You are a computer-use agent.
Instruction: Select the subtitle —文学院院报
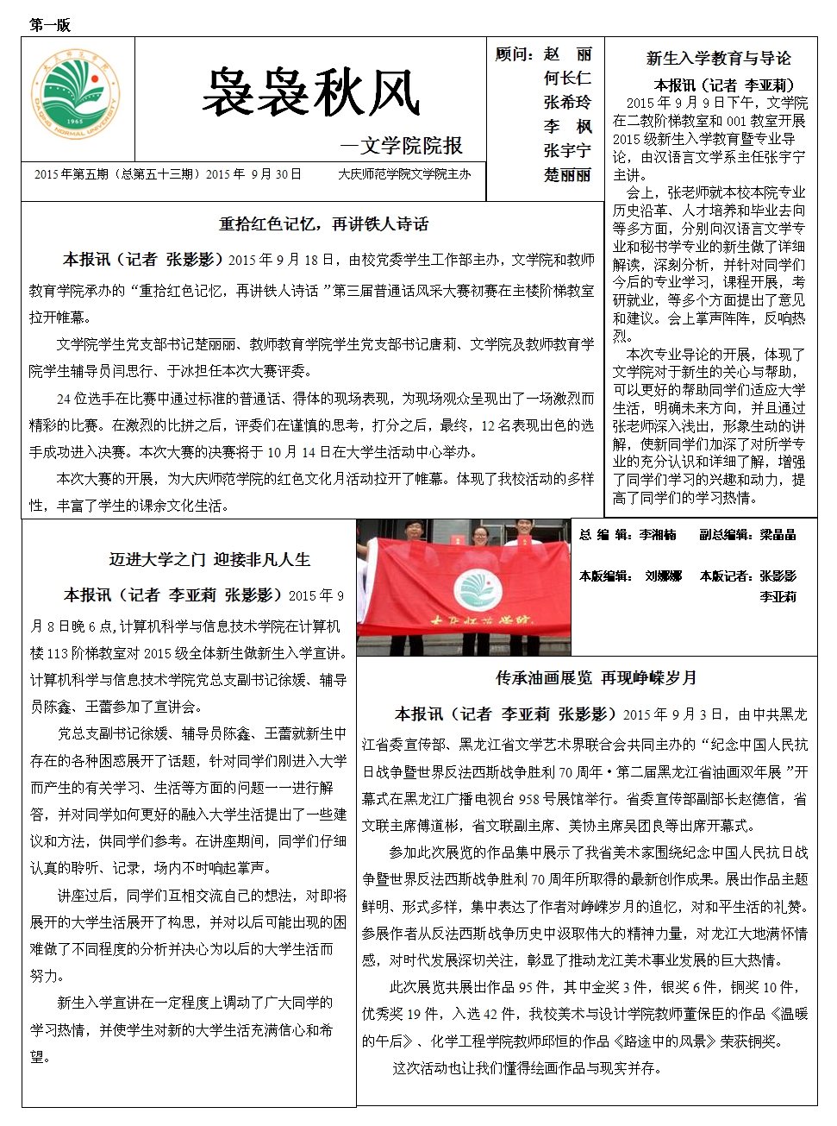pos(402,146)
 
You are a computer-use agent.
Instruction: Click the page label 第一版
pos(50,25)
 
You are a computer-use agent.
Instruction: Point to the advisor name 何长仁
pos(567,79)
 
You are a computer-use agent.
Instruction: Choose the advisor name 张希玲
pos(567,103)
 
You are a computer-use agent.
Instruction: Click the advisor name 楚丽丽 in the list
pos(567,175)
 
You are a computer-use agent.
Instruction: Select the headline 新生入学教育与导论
pos(718,59)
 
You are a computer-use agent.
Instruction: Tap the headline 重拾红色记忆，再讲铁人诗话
pos(323,224)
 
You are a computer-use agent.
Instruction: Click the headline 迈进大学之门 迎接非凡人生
pos(209,560)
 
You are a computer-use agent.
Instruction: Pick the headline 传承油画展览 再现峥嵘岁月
pos(597,678)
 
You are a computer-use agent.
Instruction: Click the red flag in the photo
pos(465,587)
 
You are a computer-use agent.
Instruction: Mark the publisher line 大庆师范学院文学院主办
pos(404,174)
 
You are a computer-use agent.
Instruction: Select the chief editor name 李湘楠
pos(658,535)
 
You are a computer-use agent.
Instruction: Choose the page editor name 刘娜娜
pos(663,576)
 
